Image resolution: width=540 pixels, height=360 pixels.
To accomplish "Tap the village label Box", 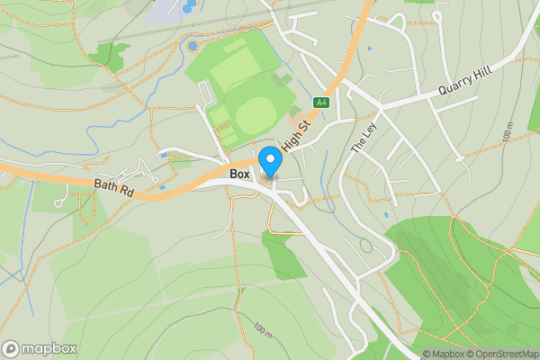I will point(239,174).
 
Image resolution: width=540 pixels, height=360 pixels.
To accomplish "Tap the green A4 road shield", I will point(321,103).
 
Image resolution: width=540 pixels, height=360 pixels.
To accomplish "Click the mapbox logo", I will point(40,348).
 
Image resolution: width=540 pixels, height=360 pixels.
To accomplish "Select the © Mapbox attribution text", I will point(443,354).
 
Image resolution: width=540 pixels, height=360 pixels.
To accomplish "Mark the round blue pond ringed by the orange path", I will point(192,46).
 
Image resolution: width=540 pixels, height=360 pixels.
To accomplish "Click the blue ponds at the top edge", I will point(188,7).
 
